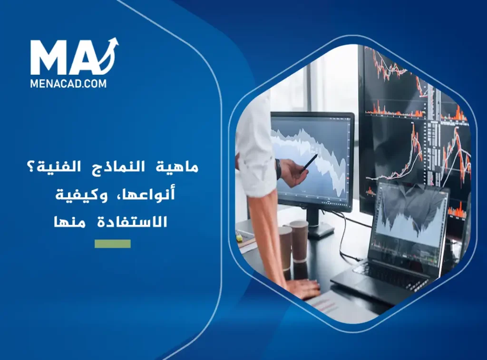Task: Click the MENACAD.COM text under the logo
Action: pyautogui.click(x=68, y=83)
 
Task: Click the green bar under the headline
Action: pyautogui.click(x=112, y=243)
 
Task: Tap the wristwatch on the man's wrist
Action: pyautogui.click(x=278, y=169)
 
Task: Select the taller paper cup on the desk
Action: pyautogui.click(x=299, y=241)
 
